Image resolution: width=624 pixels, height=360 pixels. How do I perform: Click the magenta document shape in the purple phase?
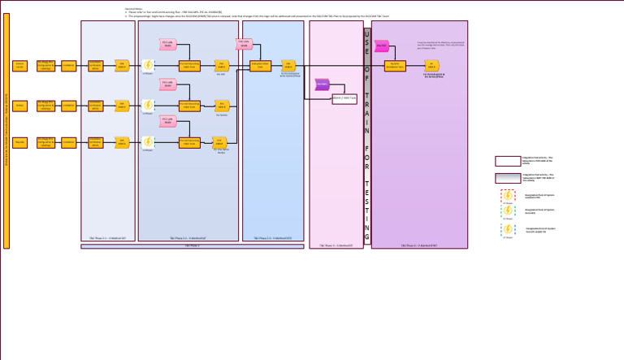pos(382,46)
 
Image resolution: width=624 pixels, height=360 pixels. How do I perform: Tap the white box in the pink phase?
pos(344,98)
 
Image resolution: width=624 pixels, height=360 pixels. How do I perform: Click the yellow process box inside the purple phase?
pos(418,66)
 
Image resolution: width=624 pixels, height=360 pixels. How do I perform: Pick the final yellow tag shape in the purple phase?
pos(433,66)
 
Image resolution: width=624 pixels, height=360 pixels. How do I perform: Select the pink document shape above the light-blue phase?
pos(245,44)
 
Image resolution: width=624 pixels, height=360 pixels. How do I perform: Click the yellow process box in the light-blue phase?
pos(261,66)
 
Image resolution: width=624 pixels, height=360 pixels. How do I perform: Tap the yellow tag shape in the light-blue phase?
pos(288,66)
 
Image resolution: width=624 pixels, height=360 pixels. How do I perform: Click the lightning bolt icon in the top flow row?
pos(148,66)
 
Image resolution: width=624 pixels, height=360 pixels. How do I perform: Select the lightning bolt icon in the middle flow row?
pos(148,105)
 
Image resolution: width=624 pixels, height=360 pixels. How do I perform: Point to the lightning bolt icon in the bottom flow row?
pos(148,142)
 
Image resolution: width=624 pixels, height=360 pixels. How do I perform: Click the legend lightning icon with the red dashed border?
pos(508,196)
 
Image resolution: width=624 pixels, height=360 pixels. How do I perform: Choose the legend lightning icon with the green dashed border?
pos(508,211)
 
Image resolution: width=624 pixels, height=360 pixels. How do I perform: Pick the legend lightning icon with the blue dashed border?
pos(508,230)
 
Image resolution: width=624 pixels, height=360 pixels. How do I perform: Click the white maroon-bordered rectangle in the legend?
pos(508,161)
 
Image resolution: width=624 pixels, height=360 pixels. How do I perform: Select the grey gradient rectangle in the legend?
pos(508,178)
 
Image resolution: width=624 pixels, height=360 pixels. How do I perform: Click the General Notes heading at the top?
pos(133,8)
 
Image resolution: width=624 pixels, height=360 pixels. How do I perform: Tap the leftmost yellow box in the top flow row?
pos(19,66)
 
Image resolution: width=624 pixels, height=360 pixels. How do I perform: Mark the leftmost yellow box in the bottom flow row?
pos(19,142)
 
